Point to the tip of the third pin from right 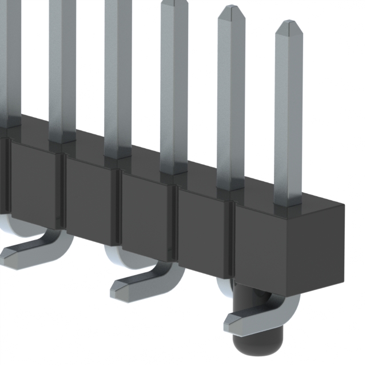tap(174, 3)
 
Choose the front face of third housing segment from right tap(147, 213)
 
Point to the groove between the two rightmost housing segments tap(233, 240)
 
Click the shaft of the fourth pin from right tap(118, 74)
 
